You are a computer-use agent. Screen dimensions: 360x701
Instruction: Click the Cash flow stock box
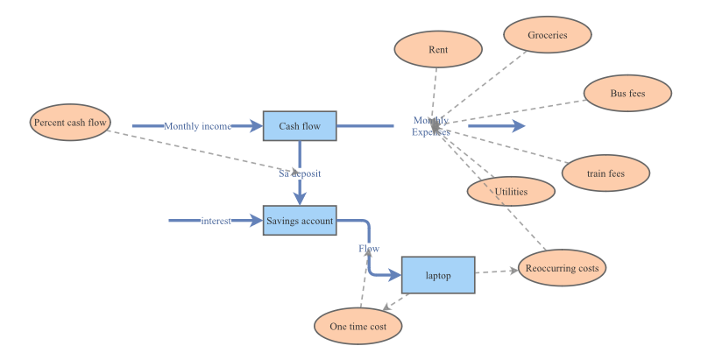[300, 126]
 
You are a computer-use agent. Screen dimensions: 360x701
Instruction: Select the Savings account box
[300, 221]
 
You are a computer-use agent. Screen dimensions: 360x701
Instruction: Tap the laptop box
[438, 275]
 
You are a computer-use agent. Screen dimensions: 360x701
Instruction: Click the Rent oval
[438, 50]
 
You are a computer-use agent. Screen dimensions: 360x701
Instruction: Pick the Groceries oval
[548, 35]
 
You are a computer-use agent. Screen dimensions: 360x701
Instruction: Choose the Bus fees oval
[627, 93]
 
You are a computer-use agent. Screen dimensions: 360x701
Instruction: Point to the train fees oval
[606, 173]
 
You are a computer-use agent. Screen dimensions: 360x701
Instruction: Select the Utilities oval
[511, 191]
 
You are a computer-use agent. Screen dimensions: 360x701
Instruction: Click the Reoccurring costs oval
[562, 266]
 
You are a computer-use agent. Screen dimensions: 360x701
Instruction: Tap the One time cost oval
[358, 326]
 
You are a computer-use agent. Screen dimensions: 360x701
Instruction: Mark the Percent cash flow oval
[70, 123]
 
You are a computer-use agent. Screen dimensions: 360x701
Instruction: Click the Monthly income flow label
[197, 126]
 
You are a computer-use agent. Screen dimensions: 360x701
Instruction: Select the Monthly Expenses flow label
[431, 126]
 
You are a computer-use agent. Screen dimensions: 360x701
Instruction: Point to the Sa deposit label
[300, 173]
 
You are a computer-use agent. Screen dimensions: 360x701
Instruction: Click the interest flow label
[216, 221]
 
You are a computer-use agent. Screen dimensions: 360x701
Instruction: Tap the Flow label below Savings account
[369, 249]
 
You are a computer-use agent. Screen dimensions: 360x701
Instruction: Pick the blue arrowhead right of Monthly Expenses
[518, 126]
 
